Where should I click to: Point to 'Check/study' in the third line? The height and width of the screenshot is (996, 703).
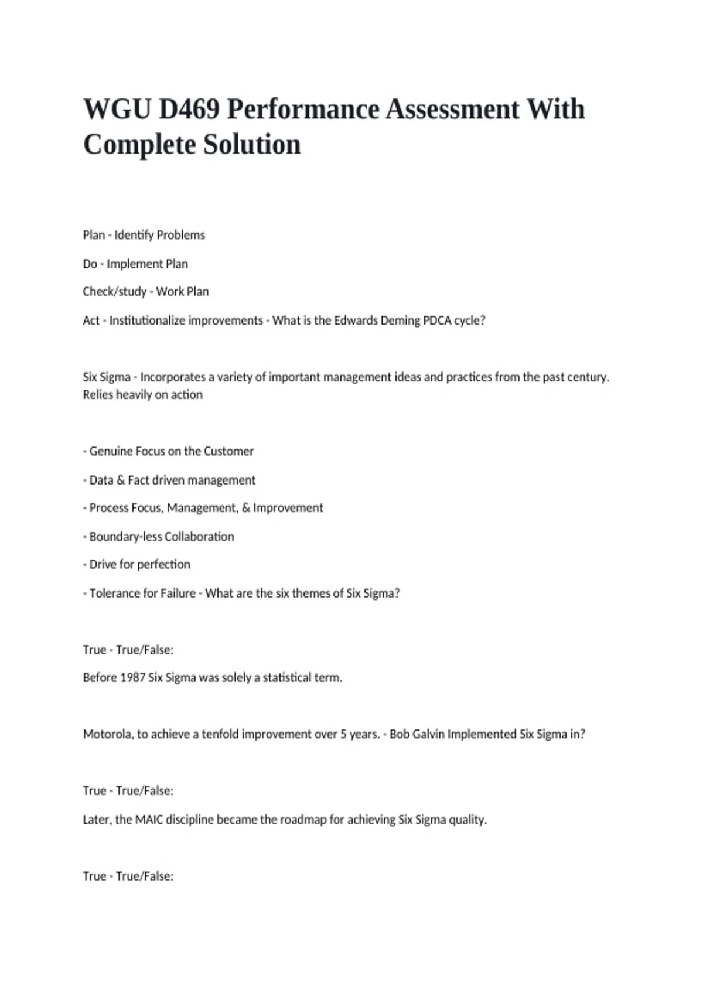tap(114, 292)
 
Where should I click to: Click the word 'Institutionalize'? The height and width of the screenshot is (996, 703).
tap(186, 320)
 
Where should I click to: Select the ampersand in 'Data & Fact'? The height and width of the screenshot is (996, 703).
tap(121, 480)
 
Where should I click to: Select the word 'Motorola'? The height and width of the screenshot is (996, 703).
tap(107, 734)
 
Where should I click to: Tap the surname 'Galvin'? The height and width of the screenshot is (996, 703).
tap(428, 734)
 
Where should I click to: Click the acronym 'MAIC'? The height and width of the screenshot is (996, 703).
tap(149, 820)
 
